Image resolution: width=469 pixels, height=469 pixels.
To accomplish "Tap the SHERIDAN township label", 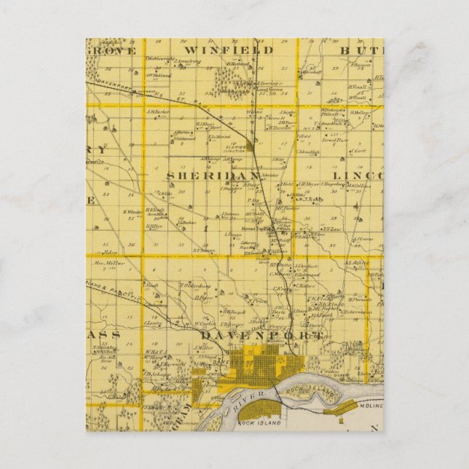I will point(212,176).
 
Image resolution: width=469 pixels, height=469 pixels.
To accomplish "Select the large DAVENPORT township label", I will point(259,336).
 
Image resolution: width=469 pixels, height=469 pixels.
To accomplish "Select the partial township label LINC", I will point(358,176).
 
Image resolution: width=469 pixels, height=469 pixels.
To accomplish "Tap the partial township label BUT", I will point(368,50).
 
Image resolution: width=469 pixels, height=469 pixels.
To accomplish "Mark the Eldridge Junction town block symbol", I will point(249,146).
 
